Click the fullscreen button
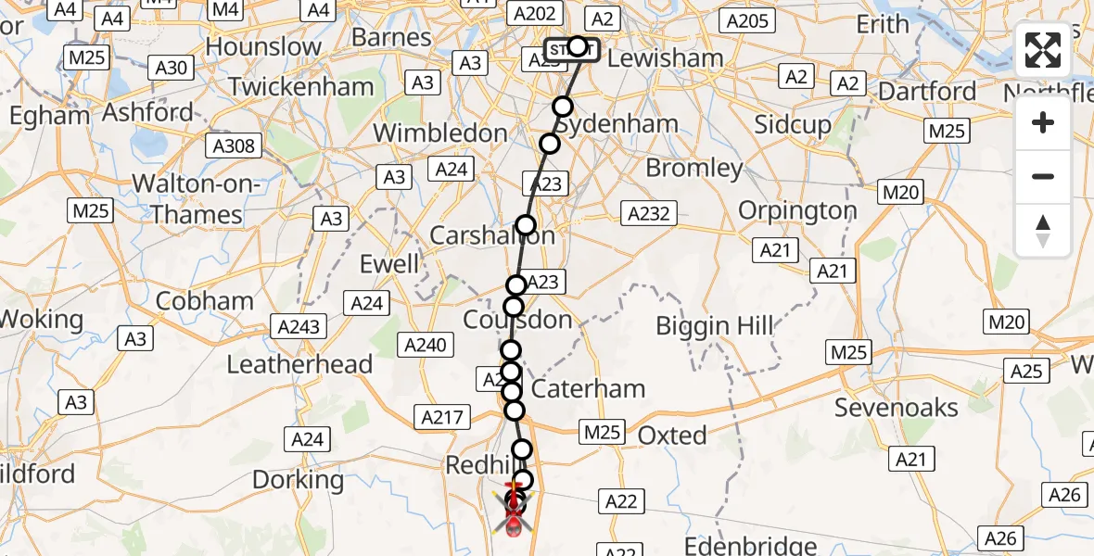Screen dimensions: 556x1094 point(1043,50)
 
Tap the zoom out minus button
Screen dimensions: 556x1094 point(1043,176)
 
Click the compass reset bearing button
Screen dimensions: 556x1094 point(1043,231)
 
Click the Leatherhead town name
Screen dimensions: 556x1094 point(299,364)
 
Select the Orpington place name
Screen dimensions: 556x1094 point(797,210)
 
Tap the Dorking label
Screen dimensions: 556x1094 point(299,479)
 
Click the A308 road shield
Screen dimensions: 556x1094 point(235,146)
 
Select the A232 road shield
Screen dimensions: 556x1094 point(648,214)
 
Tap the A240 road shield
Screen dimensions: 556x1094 point(426,346)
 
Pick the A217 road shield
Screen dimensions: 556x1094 point(441,418)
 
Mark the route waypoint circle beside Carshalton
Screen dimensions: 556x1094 point(526,225)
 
